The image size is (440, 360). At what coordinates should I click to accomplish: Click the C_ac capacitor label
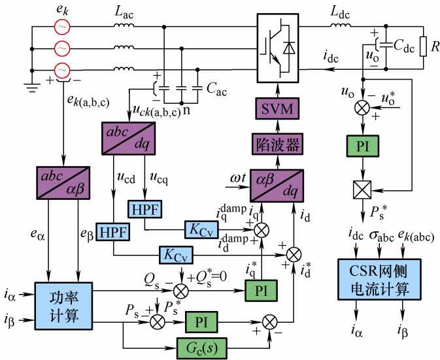217,91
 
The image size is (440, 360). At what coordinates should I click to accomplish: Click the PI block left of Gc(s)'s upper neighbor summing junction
201,321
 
